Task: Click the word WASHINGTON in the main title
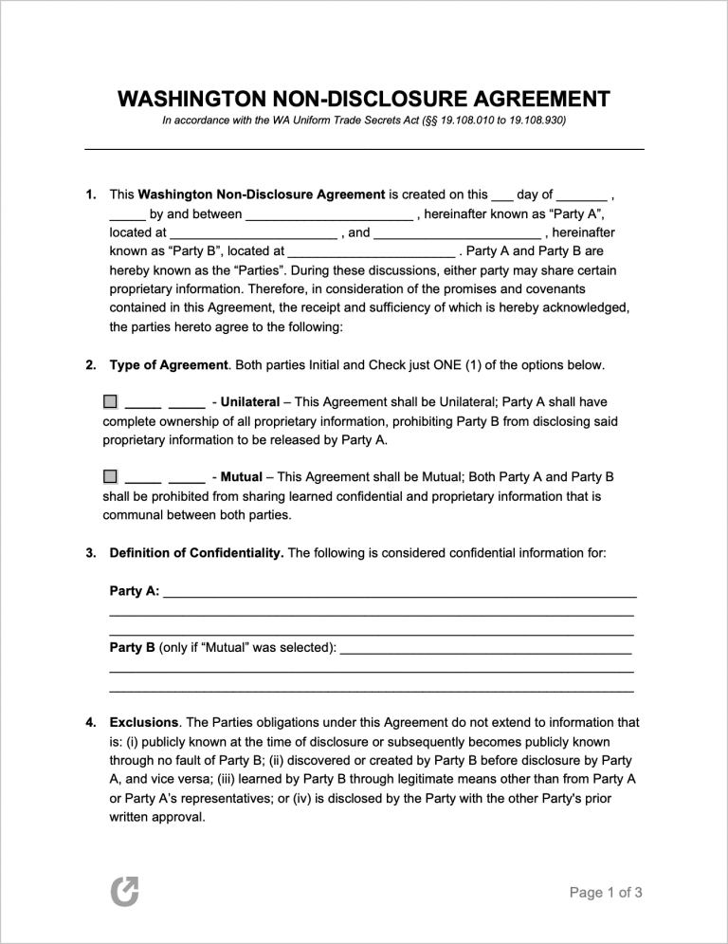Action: (x=191, y=100)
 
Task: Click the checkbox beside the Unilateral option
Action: (x=111, y=402)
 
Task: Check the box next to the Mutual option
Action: (x=111, y=475)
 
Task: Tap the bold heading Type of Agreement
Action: (x=169, y=365)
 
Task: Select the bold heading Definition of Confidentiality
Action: (x=196, y=552)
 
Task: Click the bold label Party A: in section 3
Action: (x=135, y=590)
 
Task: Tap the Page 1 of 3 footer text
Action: (x=606, y=892)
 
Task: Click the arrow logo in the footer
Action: (x=124, y=891)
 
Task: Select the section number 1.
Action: (x=91, y=194)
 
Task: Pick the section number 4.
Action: (x=91, y=722)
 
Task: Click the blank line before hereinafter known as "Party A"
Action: (x=329, y=215)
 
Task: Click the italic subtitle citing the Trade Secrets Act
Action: (x=364, y=121)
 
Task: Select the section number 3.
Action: (x=91, y=552)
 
